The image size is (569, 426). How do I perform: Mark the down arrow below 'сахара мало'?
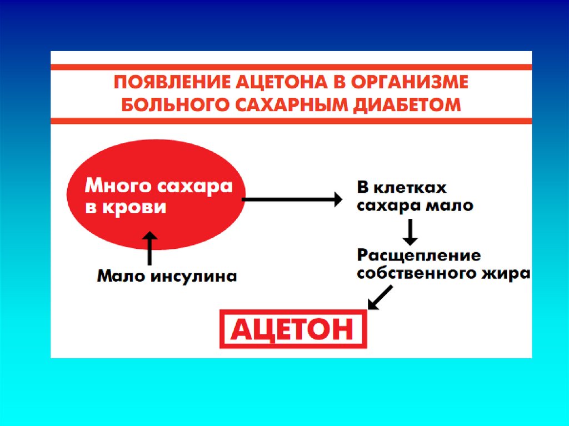[410, 232]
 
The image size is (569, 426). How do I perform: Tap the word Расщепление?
[418, 255]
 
